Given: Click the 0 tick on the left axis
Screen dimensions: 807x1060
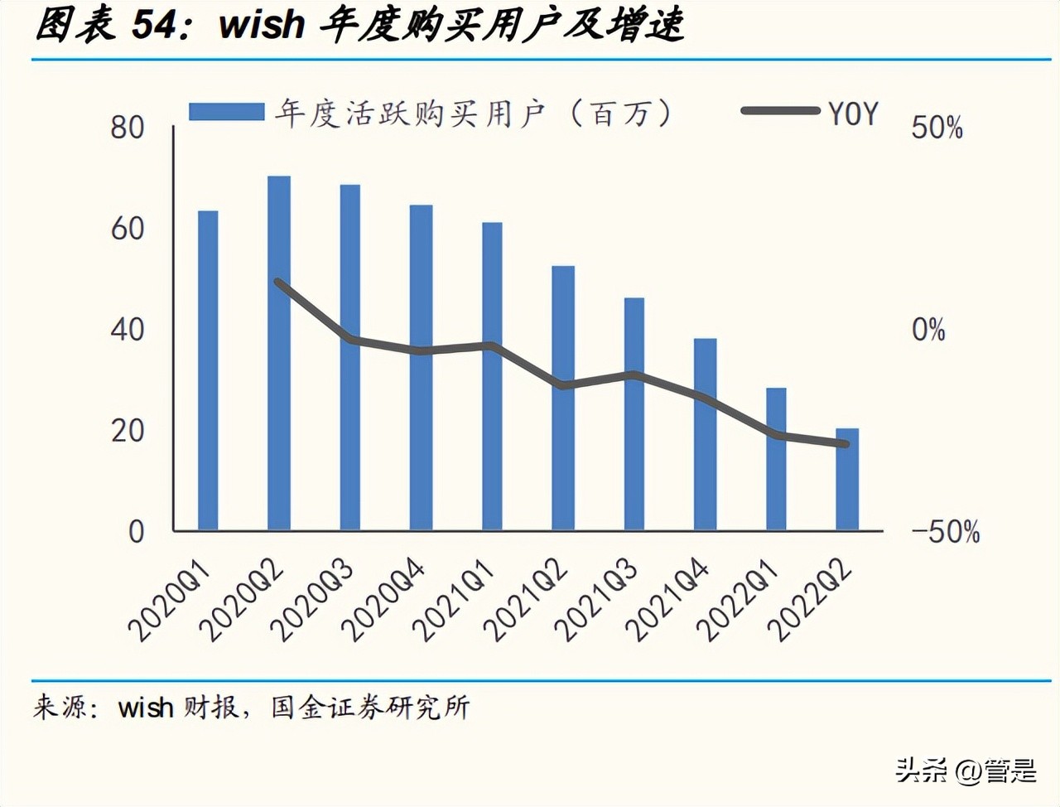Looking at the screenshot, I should point(137,531).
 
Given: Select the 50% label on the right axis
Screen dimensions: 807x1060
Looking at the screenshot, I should point(937,128).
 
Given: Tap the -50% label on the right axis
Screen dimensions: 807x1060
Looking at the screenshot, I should point(945,531).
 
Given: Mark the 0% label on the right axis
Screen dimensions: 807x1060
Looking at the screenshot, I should point(928,330).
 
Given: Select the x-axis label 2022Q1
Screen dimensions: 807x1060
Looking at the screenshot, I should point(740,600).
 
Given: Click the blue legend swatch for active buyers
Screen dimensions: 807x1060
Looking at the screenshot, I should point(225,112).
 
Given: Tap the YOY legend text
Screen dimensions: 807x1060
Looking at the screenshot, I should point(853,114).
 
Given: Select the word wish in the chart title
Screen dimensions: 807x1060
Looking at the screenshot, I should point(262,25).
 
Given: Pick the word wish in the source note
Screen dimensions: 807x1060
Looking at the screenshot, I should point(146,707).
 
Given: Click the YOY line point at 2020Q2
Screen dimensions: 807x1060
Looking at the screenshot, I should point(279,283).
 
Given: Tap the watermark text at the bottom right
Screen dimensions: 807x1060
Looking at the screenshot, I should point(966,771).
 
